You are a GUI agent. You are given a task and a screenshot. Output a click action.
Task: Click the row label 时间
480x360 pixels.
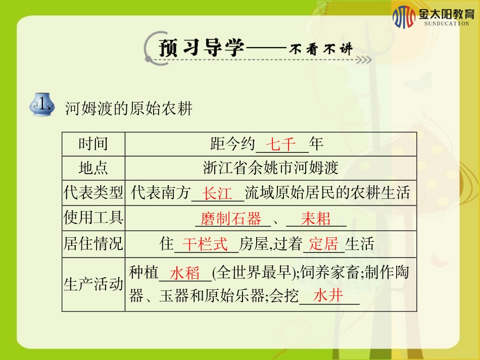93,144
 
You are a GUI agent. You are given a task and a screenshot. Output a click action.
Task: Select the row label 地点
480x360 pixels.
93,168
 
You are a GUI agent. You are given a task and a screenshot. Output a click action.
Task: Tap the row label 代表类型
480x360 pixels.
93,192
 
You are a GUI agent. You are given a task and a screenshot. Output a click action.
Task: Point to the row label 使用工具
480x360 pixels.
93,218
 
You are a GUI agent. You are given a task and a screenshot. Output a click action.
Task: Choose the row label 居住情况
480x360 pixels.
93,244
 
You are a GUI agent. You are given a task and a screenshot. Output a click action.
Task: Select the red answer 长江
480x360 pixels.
217,193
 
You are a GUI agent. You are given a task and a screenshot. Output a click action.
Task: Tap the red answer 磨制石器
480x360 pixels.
231,219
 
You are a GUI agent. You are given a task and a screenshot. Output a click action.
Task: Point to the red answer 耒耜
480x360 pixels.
316,219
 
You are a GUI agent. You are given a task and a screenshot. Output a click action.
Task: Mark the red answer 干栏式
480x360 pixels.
205,245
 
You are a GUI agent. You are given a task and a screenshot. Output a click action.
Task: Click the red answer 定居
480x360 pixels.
323,245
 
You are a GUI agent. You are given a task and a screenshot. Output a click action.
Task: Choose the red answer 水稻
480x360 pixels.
185,274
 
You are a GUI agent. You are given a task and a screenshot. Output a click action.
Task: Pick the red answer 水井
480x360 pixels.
328,296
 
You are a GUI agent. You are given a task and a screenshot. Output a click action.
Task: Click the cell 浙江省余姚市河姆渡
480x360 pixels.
270,168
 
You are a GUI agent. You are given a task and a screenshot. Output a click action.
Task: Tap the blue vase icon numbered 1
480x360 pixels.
42,105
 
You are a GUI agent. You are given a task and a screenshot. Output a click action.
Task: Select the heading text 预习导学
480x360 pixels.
202,48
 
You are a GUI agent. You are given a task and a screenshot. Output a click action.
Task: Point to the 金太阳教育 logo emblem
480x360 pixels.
404,17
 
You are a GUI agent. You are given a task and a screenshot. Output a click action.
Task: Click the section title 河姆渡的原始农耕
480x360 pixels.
129,108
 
